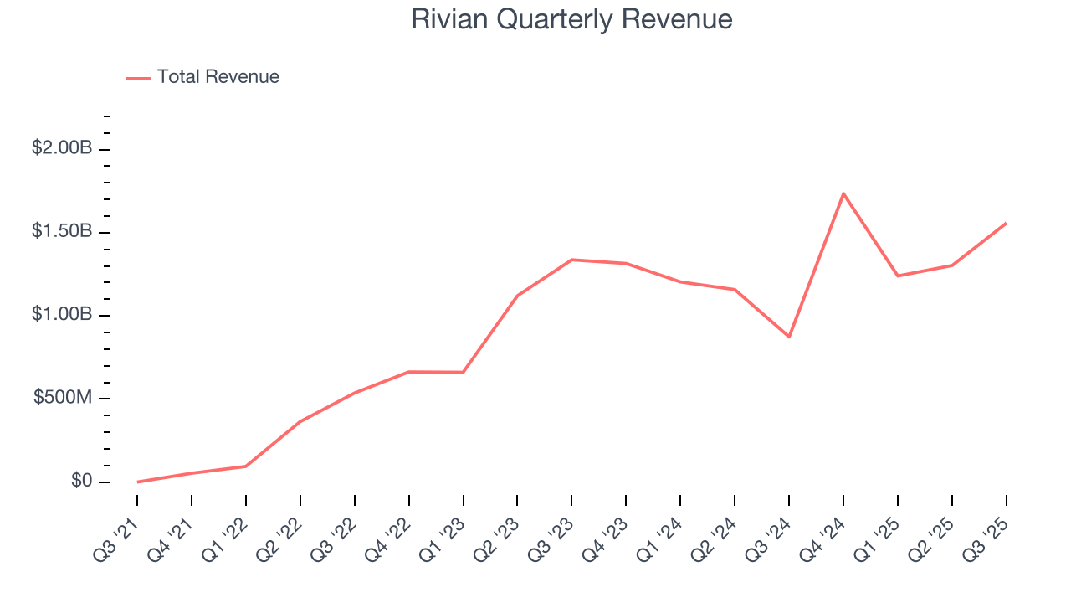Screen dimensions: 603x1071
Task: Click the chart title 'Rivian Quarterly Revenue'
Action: coord(571,19)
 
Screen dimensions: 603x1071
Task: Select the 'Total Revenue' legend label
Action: coord(218,77)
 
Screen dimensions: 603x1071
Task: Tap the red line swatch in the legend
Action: coord(138,78)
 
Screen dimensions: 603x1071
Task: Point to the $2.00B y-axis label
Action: coord(62,148)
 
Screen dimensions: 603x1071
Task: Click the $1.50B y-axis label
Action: coord(62,231)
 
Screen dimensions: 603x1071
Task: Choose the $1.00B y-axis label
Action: coord(62,315)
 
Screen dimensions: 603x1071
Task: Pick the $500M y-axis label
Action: coord(62,398)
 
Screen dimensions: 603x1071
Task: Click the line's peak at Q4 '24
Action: coord(843,193)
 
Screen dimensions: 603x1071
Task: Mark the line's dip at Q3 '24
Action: coord(789,337)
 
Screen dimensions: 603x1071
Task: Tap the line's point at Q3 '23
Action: coord(571,260)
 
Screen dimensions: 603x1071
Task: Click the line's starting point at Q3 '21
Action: coord(137,482)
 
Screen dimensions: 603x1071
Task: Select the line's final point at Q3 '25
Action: coord(1006,224)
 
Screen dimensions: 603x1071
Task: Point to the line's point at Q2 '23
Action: coord(517,296)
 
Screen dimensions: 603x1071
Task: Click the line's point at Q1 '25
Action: coord(898,276)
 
